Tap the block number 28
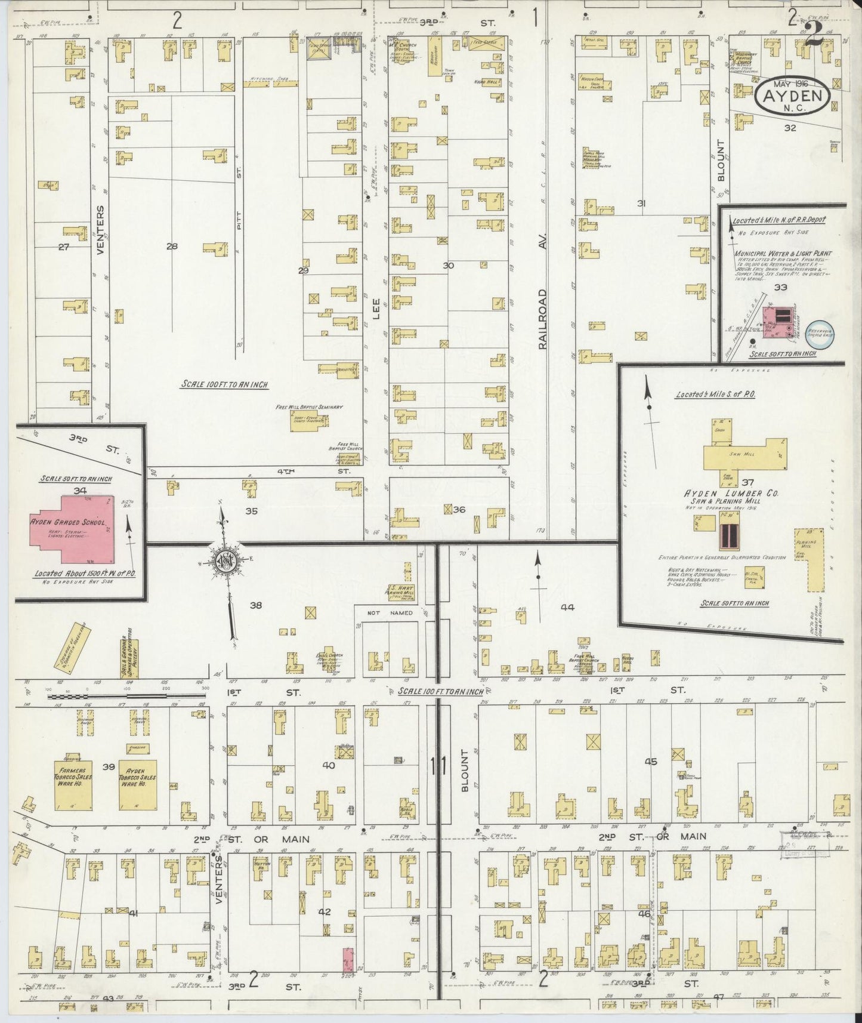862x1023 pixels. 172,246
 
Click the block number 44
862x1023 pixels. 567,607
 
